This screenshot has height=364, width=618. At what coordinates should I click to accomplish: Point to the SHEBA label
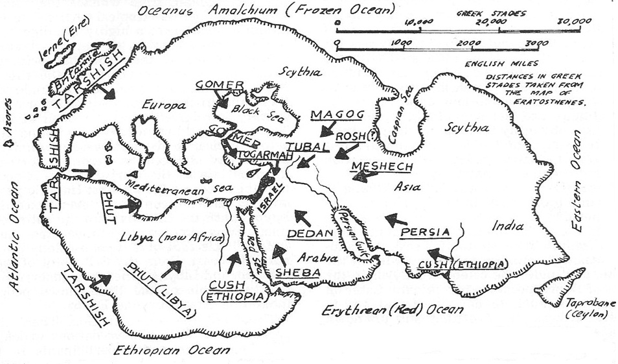point(298,273)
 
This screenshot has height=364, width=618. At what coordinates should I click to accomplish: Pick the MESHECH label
point(382,167)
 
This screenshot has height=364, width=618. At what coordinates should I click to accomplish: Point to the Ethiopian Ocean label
point(171,350)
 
